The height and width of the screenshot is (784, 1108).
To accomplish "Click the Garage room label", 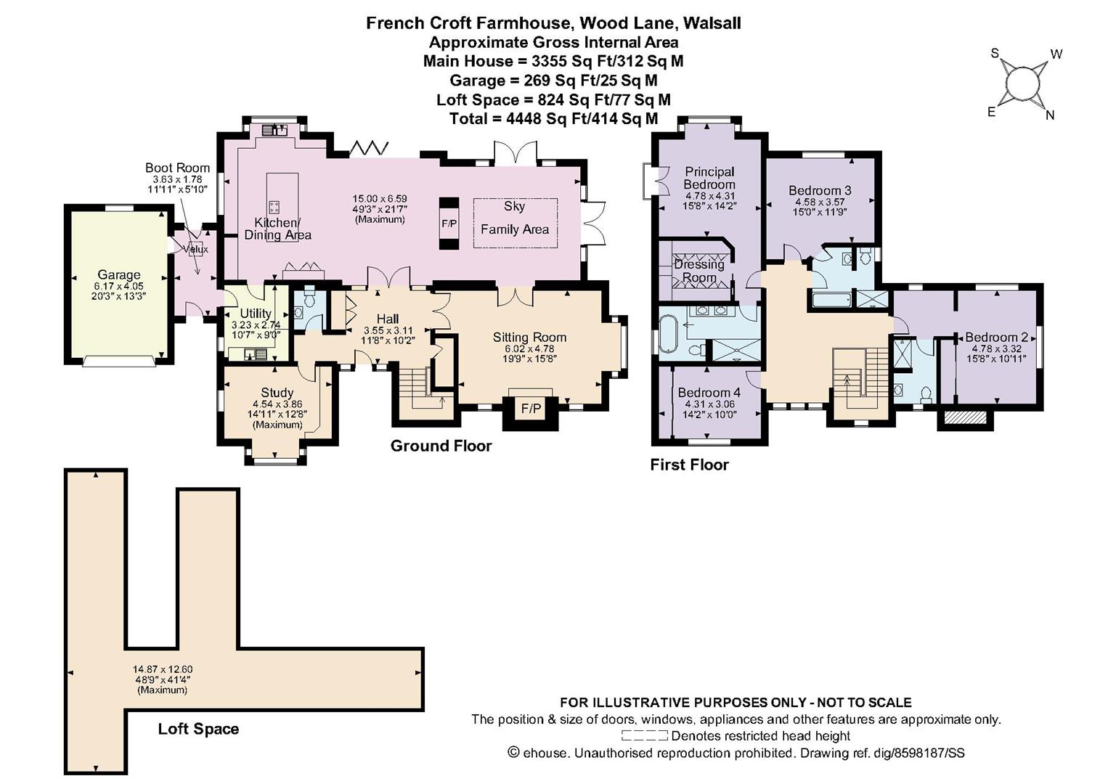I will tap(119, 275).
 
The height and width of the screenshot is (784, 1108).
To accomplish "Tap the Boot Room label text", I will tap(177, 168).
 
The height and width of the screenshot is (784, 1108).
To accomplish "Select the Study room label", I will tap(277, 393).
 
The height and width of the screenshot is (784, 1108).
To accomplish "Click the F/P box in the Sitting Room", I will tap(531, 409).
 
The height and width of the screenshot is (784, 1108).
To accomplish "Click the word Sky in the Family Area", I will tap(514, 206).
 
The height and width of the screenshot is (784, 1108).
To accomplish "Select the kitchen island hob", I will tap(275, 206).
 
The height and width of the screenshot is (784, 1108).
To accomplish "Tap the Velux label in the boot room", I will tap(196, 249).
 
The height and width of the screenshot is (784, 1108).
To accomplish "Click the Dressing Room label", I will tap(699, 271).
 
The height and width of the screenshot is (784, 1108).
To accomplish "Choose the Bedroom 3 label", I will tap(820, 191).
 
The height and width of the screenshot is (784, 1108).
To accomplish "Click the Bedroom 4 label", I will tap(709, 393).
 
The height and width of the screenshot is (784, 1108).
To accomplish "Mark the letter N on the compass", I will tap(1049, 115).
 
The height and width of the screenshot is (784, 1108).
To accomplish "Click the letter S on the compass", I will tap(995, 53).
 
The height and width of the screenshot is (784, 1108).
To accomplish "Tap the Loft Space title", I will tap(198, 729).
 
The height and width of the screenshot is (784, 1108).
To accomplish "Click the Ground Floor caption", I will tap(441, 446).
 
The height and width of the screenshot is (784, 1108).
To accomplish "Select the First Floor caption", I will tap(689, 465).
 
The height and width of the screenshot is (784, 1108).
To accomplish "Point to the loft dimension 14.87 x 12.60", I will tap(163, 669).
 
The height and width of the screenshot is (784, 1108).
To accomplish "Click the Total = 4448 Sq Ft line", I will tap(553, 118).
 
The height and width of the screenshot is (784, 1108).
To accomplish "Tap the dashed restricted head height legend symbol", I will tap(646, 736).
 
